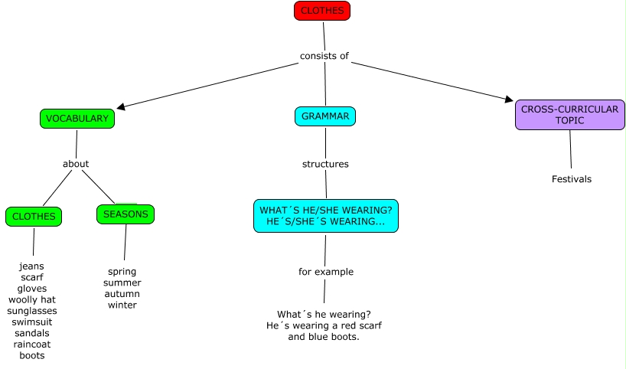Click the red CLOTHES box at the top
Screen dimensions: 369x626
click(322, 11)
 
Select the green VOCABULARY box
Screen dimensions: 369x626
click(77, 119)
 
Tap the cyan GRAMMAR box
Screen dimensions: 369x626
click(325, 116)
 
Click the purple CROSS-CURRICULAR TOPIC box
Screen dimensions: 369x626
click(569, 115)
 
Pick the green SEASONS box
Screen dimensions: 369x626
click(126, 214)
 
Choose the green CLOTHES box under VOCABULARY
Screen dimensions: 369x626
click(34, 217)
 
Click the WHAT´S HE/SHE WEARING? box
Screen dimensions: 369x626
click(326, 216)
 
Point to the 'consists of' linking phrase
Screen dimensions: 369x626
click(324, 56)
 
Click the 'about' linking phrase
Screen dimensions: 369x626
click(76, 164)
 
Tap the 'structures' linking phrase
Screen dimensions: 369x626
click(325, 164)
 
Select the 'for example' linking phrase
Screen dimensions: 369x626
click(326, 272)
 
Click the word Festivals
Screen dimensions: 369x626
click(572, 179)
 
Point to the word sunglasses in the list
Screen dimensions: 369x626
click(32, 311)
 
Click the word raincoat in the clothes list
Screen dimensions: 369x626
click(32, 345)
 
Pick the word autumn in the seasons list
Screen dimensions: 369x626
click(122, 294)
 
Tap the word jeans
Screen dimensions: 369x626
click(32, 266)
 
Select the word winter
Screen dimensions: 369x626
click(122, 305)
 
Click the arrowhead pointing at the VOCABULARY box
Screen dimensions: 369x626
click(121, 106)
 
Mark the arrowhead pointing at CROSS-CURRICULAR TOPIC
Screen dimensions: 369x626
click(508, 99)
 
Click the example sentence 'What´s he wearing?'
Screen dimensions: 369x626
click(324, 314)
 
